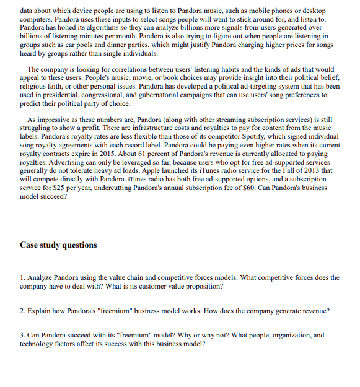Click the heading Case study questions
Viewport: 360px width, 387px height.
(58, 245)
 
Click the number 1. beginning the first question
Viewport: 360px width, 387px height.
(22, 277)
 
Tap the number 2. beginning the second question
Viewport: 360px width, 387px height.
(22, 310)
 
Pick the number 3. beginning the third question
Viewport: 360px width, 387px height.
(22, 335)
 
